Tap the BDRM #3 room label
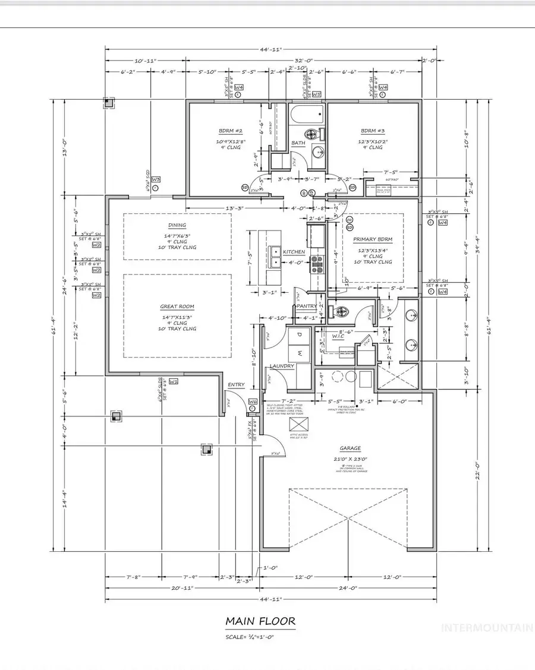pos(373,132)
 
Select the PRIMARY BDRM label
pos(373,240)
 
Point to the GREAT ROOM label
pos(177,306)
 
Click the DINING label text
pos(177,225)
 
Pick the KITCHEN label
pos(294,252)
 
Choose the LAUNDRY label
pos(282,366)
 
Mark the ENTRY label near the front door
pos(236,385)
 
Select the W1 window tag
pos(174,381)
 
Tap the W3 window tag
pos(156,179)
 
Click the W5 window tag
pos(317,94)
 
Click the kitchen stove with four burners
pos(316,264)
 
